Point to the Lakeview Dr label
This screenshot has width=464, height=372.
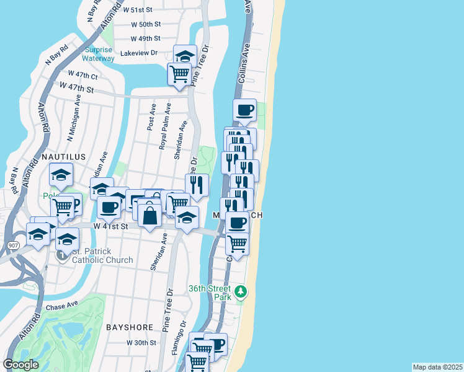(140, 53)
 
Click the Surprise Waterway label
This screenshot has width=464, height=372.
(99, 54)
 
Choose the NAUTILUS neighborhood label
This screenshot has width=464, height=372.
(63, 157)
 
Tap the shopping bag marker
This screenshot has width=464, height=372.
(149, 216)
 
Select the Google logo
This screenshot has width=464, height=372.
(20, 365)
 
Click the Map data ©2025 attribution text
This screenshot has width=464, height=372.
(437, 367)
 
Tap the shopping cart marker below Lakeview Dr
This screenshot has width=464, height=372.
(179, 74)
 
